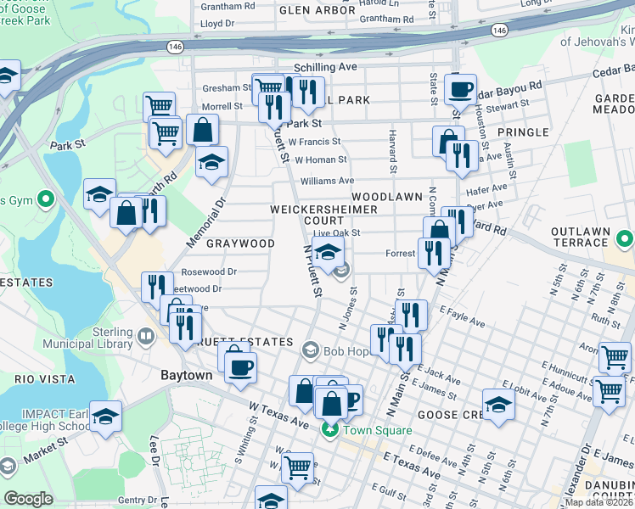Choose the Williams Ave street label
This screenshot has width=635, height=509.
pos(327,181)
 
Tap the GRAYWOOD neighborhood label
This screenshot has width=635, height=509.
pos(240,243)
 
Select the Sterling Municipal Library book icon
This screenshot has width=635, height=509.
pos(146,338)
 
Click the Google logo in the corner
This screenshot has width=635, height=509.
pos(28,499)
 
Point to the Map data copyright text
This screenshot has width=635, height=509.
pos(598,502)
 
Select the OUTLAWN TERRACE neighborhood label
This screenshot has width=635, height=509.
pos(580,237)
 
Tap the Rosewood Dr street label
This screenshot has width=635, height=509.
pos(209,272)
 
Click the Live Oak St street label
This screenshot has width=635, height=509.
pos(336,232)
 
